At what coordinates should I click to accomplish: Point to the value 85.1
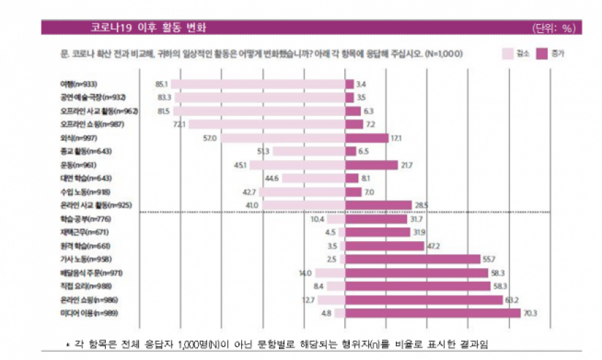[x=162, y=85]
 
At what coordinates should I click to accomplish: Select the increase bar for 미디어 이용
[x=432, y=313]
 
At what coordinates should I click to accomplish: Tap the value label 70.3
[x=531, y=313]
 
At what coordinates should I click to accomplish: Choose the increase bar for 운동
[x=371, y=165]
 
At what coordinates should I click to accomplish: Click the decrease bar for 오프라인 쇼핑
[x=267, y=124]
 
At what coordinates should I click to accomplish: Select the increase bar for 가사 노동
[x=412, y=259]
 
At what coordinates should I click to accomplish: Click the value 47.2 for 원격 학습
[x=435, y=246]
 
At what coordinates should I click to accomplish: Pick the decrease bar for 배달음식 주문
[x=330, y=273]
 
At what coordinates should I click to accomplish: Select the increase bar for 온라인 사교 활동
[x=377, y=205]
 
